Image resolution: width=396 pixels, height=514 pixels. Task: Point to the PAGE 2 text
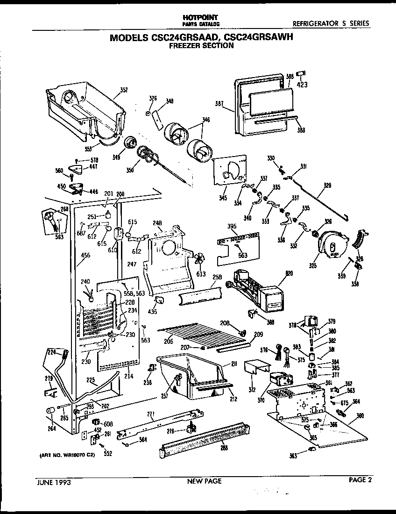tap(362, 479)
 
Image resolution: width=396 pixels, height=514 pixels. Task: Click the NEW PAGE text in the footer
tap(204, 481)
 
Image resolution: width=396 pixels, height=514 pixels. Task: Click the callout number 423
tap(303, 85)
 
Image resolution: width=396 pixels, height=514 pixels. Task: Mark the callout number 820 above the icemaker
tap(289, 273)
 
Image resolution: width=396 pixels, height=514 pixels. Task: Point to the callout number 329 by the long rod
tap(327, 186)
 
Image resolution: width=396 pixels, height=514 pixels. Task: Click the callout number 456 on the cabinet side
tap(85, 255)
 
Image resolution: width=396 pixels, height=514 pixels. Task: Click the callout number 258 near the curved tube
tap(217, 277)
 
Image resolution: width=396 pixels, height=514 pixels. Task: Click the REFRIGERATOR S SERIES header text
tap(330, 23)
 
